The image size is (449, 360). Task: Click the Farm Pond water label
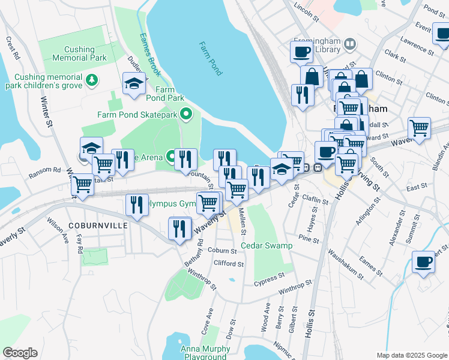pos(211,58)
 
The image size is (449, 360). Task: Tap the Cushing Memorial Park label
pos(73,53)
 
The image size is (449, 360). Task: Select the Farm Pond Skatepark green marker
pos(186,114)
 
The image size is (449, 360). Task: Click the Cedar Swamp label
pos(267,245)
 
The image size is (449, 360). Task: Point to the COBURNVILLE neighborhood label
pos(98,225)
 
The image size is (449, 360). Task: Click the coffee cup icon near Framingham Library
pos(301,51)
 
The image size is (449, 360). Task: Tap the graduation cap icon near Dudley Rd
pos(134,84)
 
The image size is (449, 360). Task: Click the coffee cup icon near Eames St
pos(423,262)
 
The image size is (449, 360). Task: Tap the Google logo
pos(20,353)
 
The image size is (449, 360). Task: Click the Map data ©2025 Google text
pos(411,355)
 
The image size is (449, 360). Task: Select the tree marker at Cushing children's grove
pos(92,80)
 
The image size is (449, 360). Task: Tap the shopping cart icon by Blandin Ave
pos(419,128)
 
